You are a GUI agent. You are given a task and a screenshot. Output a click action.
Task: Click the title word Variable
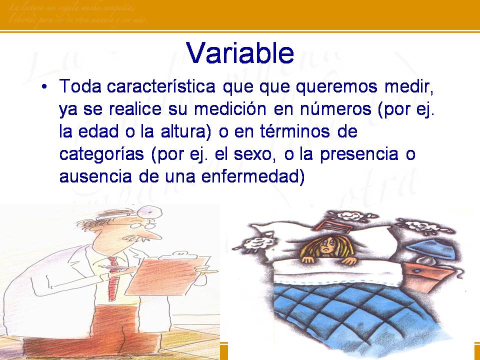coord(239,52)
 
